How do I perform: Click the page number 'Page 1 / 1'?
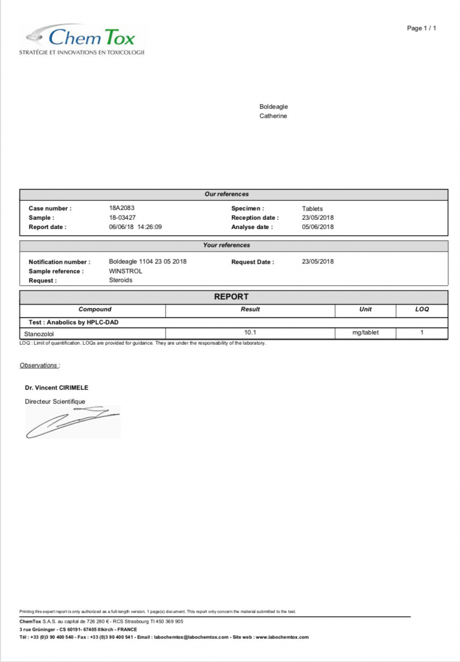click(421, 28)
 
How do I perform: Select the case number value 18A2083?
click(122, 208)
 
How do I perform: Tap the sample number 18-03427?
click(122, 218)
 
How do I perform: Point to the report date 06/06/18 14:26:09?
click(135, 227)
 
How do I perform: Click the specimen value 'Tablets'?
click(312, 208)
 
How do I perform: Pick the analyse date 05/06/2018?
click(317, 227)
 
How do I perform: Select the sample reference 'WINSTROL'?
click(125, 271)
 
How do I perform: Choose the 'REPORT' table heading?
click(231, 297)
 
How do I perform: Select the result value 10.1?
click(250, 333)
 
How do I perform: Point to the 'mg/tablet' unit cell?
click(365, 333)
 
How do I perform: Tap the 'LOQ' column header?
click(421, 309)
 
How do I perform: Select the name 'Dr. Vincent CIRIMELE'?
click(56, 387)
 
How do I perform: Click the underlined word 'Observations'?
click(39, 365)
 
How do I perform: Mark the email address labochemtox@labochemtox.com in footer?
click(192, 637)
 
